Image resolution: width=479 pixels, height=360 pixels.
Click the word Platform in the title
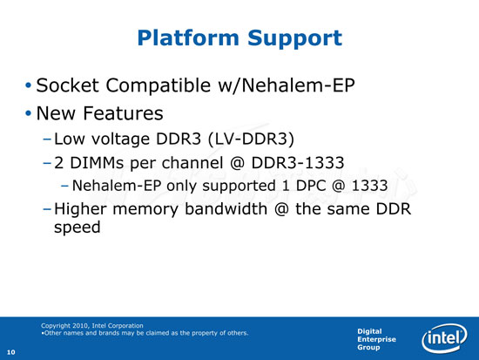click(188, 38)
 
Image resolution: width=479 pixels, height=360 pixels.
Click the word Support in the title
click(294, 39)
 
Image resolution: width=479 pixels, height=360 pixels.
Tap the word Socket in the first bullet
click(67, 85)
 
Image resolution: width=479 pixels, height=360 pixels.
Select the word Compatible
click(158, 85)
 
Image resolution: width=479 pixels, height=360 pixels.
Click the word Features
click(123, 113)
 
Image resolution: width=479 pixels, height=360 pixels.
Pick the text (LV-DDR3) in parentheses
click(251, 139)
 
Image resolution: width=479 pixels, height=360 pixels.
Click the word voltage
click(121, 139)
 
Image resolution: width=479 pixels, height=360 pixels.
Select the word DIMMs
click(97, 163)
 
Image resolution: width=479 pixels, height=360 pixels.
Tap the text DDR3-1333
click(298, 163)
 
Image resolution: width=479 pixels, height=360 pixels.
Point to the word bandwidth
click(226, 209)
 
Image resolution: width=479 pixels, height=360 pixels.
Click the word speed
click(78, 228)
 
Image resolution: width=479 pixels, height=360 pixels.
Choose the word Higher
click(80, 209)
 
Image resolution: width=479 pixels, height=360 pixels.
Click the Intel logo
click(444, 338)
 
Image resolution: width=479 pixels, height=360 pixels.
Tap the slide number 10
click(11, 352)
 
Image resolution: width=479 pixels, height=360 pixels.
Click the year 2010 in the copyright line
click(81, 326)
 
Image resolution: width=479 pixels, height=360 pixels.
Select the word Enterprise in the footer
click(376, 339)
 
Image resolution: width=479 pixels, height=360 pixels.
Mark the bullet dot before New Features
click(29, 113)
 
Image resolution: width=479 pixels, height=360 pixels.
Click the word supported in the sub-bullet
click(239, 187)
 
